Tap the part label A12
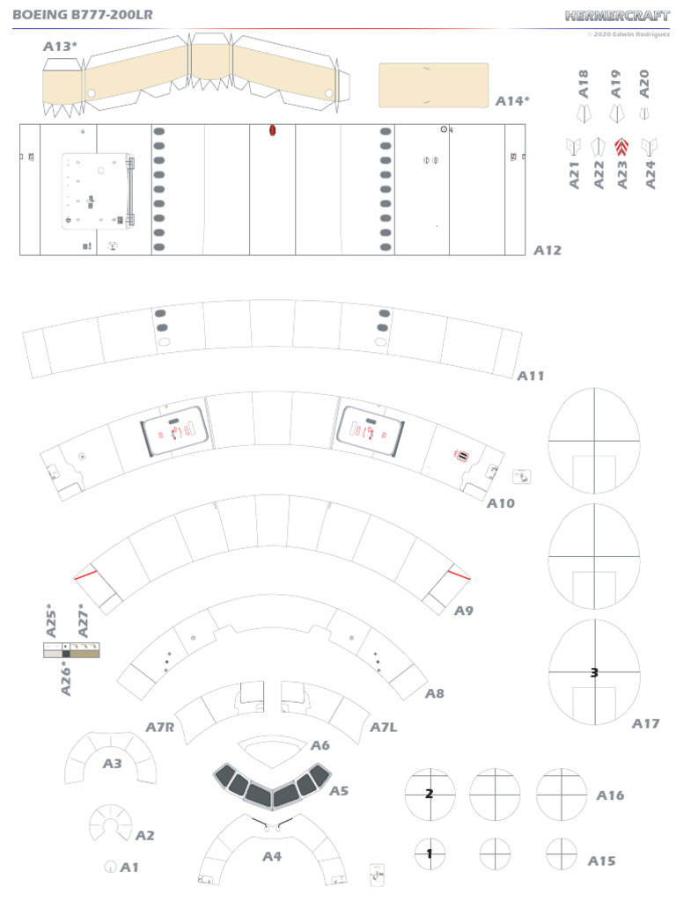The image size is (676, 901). click(x=547, y=251)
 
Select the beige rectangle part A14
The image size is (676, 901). click(x=433, y=85)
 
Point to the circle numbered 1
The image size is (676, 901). click(x=429, y=853)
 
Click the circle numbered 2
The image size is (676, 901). click(x=429, y=794)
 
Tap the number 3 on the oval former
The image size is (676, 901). click(x=594, y=672)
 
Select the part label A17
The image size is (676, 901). click(x=645, y=723)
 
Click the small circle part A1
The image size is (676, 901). click(x=110, y=867)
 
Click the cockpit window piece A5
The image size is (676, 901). click(x=271, y=786)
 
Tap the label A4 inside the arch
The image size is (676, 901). click(x=271, y=855)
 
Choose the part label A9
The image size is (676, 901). click(x=464, y=611)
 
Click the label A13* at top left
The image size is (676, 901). click(x=60, y=46)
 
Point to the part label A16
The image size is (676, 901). click(x=610, y=795)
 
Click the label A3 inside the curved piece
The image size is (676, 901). click(x=112, y=764)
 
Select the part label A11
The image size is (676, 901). click(x=531, y=376)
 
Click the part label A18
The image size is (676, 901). click(x=584, y=84)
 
